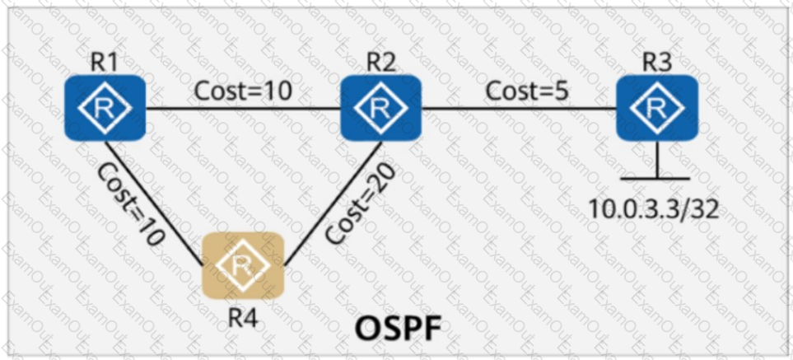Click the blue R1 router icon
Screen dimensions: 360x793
click(105, 108)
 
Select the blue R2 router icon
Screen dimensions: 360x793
click(380, 108)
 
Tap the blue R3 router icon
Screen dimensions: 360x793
click(657, 108)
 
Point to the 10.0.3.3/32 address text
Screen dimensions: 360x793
click(653, 207)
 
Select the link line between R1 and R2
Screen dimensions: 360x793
click(244, 108)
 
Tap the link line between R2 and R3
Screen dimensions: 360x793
click(519, 108)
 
